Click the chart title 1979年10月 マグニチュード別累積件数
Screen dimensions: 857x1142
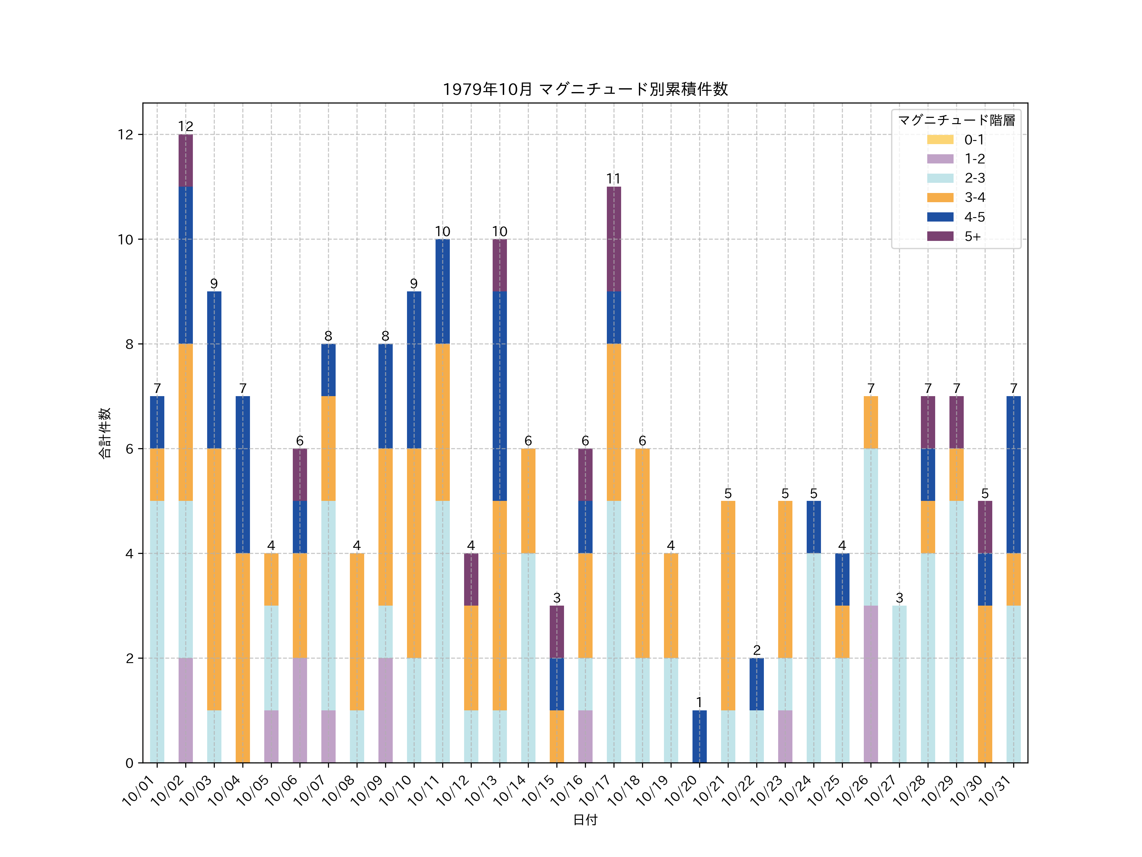585,90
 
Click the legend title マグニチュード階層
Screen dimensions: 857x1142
956,120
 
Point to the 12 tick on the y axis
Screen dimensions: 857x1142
125,135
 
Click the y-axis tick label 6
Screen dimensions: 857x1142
129,449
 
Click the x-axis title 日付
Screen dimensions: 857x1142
585,820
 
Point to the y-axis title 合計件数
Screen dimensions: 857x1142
105,433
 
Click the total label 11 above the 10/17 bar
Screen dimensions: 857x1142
613,179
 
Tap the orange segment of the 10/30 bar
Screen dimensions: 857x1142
985,684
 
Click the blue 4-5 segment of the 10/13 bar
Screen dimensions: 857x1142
499,396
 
